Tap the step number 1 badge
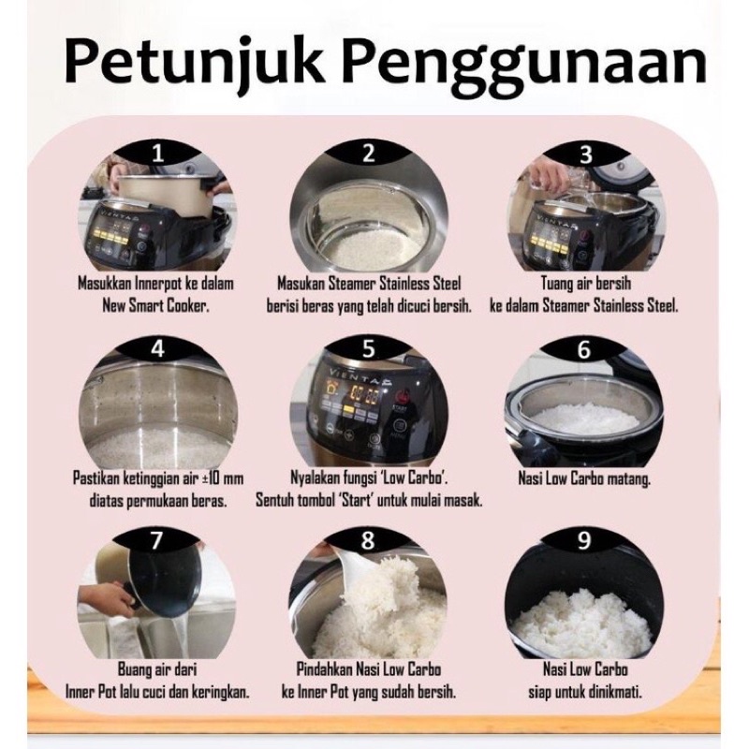157,154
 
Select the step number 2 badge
368,154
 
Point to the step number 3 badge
584,154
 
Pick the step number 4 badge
157,347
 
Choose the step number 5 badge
368,348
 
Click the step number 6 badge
583,349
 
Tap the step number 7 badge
155,541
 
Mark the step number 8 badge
368,541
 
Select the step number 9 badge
583,541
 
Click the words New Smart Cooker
155,306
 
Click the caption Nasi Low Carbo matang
584,478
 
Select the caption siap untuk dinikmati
584,692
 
